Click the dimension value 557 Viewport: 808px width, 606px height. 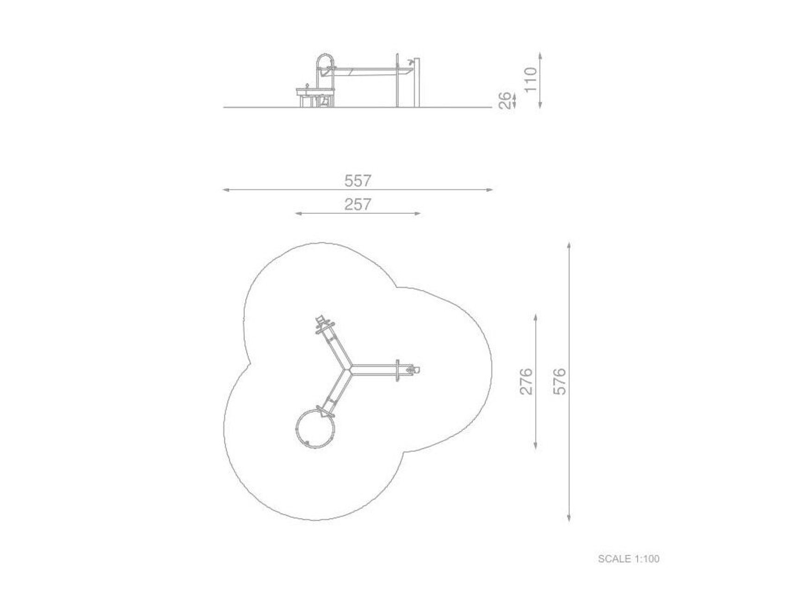coord(358,180)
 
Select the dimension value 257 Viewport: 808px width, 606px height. coord(358,204)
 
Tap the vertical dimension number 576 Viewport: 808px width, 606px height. coord(560,381)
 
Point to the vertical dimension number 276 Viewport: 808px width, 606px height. coord(527,381)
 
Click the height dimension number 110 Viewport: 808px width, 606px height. coord(531,79)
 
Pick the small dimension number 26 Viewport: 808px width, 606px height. coord(505,100)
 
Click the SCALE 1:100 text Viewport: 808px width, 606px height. coord(629,559)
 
